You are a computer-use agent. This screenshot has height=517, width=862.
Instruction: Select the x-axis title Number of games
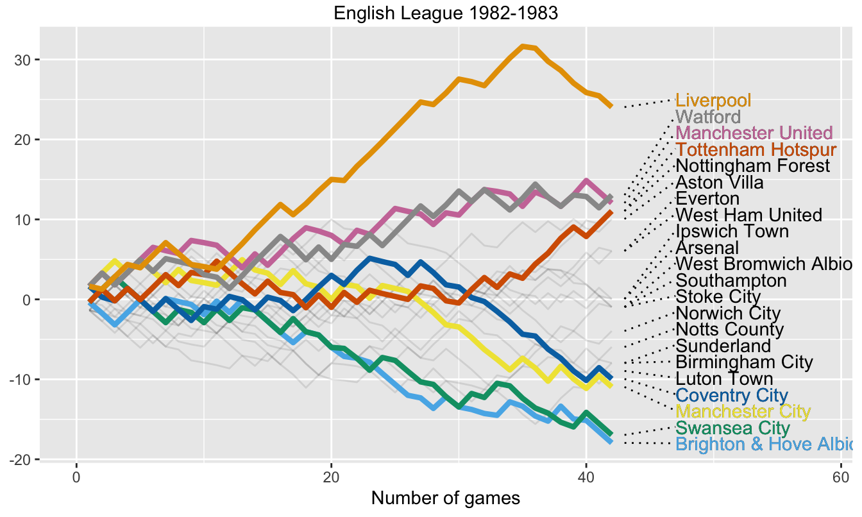tap(446, 498)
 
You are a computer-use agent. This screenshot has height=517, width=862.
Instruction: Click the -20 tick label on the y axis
tap(22, 459)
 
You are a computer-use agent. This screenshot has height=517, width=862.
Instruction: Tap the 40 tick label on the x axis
tap(586, 478)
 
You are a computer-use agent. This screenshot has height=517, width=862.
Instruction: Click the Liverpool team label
tap(713, 101)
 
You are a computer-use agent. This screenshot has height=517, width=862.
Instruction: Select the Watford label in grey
tap(708, 117)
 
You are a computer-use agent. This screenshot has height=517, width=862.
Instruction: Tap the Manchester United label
tap(754, 133)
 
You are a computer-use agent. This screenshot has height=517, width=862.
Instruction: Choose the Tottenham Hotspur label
tap(756, 150)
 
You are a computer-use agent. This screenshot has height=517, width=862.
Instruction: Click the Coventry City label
tap(732, 396)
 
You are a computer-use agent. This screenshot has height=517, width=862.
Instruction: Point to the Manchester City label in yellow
tap(743, 412)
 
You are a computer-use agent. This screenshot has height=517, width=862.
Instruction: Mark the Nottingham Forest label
tap(753, 166)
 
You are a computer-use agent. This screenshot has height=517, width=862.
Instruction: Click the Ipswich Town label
tap(732, 232)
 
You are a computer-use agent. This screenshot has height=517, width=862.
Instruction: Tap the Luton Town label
tap(724, 379)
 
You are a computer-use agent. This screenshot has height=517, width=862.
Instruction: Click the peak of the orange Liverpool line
tap(524, 46)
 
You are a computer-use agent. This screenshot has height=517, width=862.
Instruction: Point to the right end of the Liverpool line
tap(611, 106)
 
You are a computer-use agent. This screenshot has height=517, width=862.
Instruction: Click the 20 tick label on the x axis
tap(331, 478)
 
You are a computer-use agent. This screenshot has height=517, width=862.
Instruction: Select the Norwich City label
tap(728, 314)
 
